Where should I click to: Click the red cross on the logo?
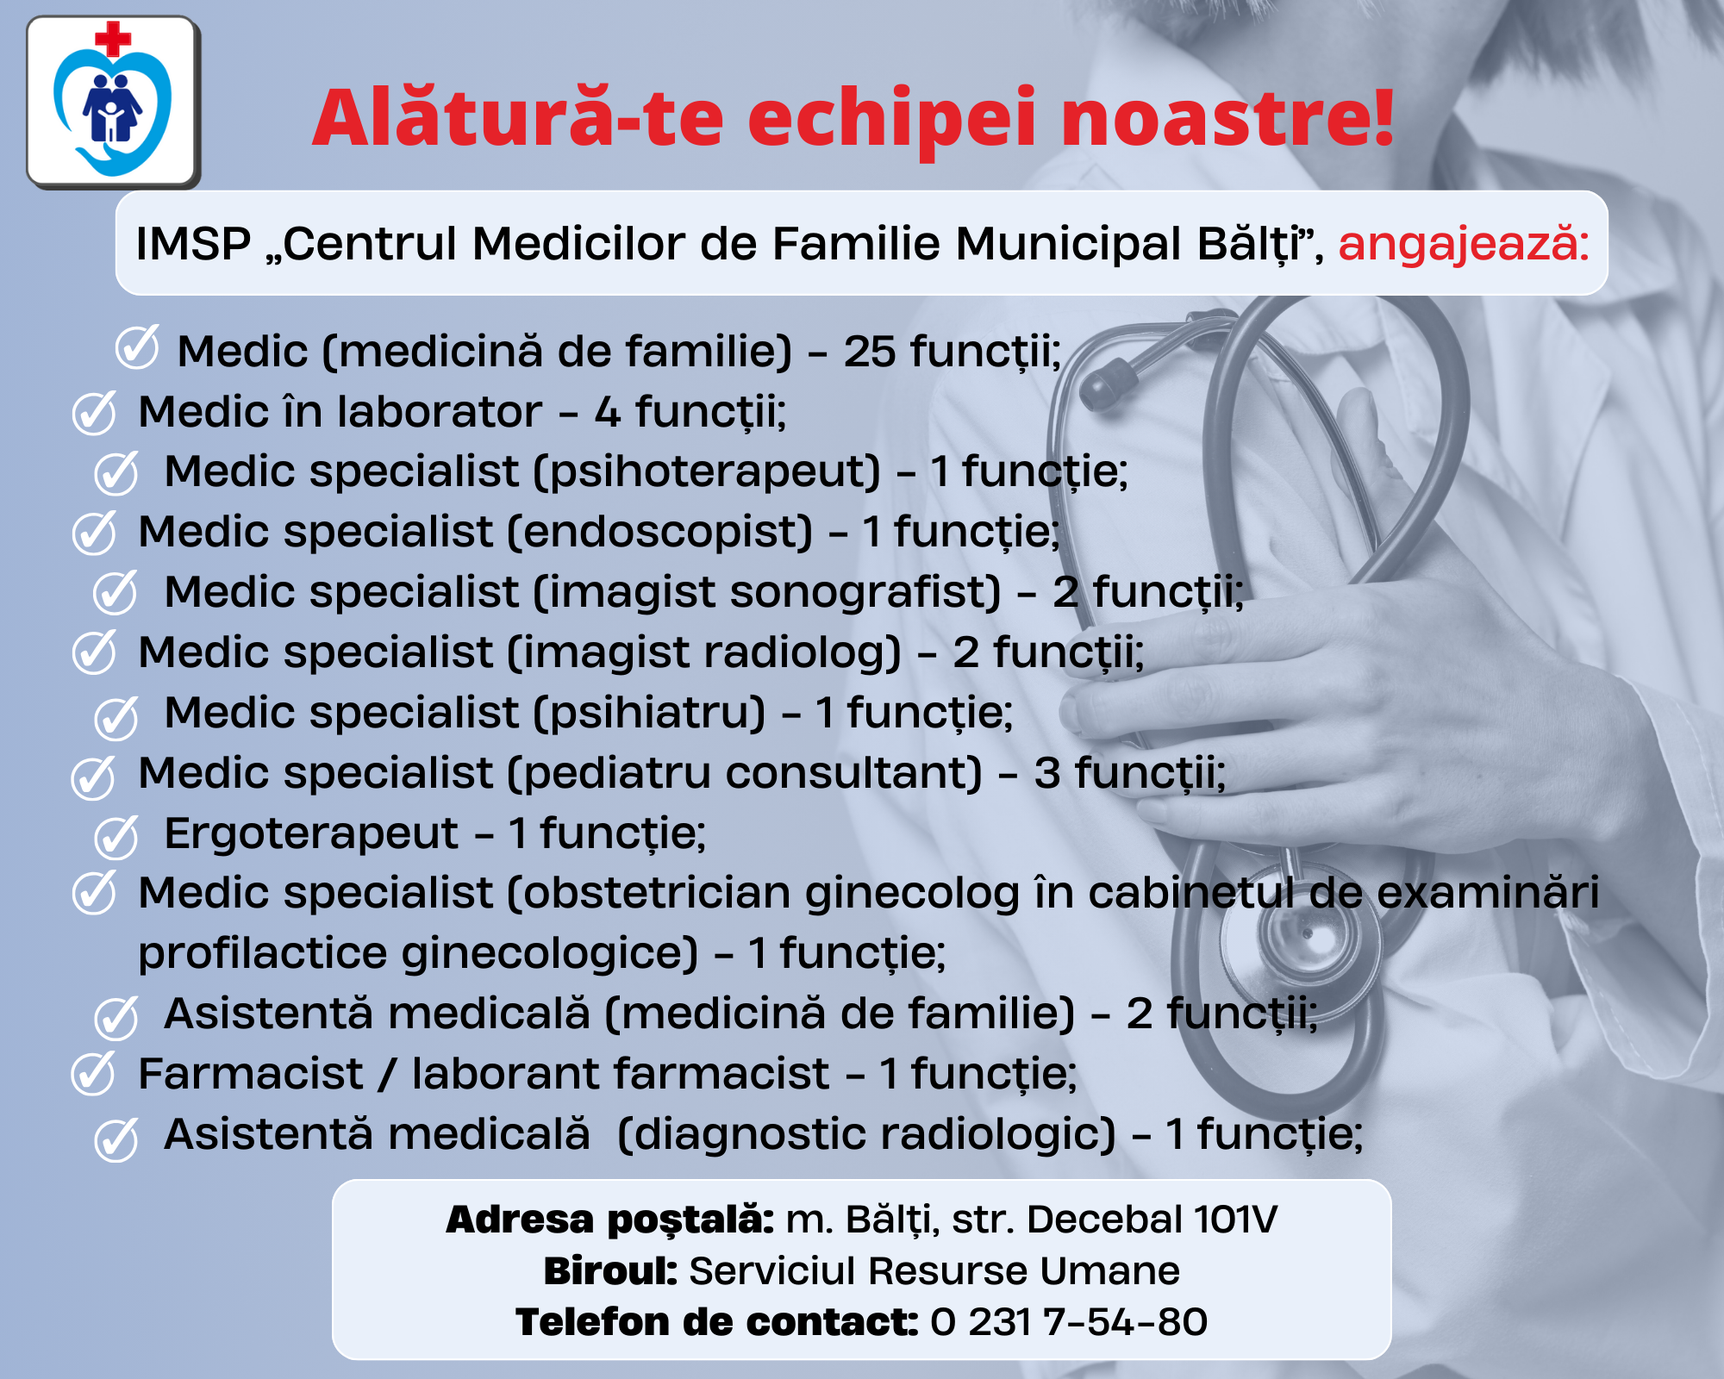(113, 40)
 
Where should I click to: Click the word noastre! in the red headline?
(1227, 117)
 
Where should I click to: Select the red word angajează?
(1464, 244)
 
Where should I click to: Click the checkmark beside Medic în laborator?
(94, 412)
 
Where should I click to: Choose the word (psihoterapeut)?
(708, 472)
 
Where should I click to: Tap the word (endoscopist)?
(660, 533)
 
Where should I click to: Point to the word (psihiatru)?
(650, 713)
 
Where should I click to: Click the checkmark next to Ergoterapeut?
(116, 838)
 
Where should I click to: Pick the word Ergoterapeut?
(311, 834)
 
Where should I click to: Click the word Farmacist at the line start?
(251, 1074)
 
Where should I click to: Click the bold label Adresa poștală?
(610, 1220)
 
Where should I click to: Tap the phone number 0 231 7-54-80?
(1069, 1322)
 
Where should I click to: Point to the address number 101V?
(1235, 1220)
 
